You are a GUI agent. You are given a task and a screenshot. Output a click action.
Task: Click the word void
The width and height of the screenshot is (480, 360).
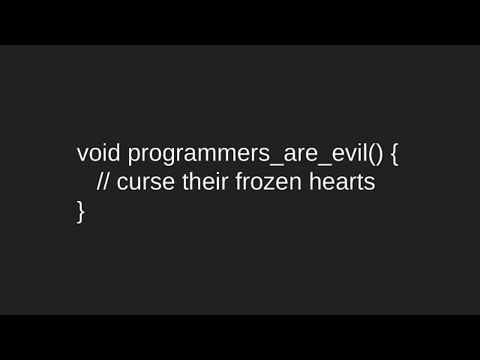click(x=98, y=153)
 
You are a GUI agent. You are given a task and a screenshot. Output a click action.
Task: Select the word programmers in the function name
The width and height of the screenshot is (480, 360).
click(x=199, y=155)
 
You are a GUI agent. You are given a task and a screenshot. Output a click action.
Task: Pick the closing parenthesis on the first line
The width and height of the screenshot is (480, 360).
click(x=379, y=154)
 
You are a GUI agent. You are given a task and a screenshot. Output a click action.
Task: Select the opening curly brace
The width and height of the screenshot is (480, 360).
click(x=394, y=154)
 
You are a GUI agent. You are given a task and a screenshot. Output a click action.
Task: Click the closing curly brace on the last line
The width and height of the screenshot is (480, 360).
click(x=80, y=211)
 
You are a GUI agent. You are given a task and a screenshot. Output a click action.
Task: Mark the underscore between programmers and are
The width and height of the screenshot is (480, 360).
click(x=277, y=165)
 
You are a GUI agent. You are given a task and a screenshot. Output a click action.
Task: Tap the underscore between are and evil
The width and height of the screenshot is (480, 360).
click(x=325, y=165)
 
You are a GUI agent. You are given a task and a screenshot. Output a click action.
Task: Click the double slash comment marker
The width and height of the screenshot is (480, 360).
click(x=103, y=181)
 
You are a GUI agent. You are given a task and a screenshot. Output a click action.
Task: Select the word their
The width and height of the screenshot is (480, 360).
click(x=205, y=181)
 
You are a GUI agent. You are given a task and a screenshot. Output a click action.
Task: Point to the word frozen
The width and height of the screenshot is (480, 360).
click(x=268, y=181)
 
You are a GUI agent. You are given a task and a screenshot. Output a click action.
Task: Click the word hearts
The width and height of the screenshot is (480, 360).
click(x=342, y=181)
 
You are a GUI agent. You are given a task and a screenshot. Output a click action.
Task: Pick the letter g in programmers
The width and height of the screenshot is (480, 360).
click(x=176, y=157)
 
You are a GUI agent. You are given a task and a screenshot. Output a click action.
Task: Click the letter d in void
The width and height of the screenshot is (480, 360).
click(x=113, y=153)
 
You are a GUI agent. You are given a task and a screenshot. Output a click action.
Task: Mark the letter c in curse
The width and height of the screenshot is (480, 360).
click(x=123, y=184)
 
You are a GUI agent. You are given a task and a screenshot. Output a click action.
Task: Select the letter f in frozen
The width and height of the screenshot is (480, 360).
click(x=240, y=181)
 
